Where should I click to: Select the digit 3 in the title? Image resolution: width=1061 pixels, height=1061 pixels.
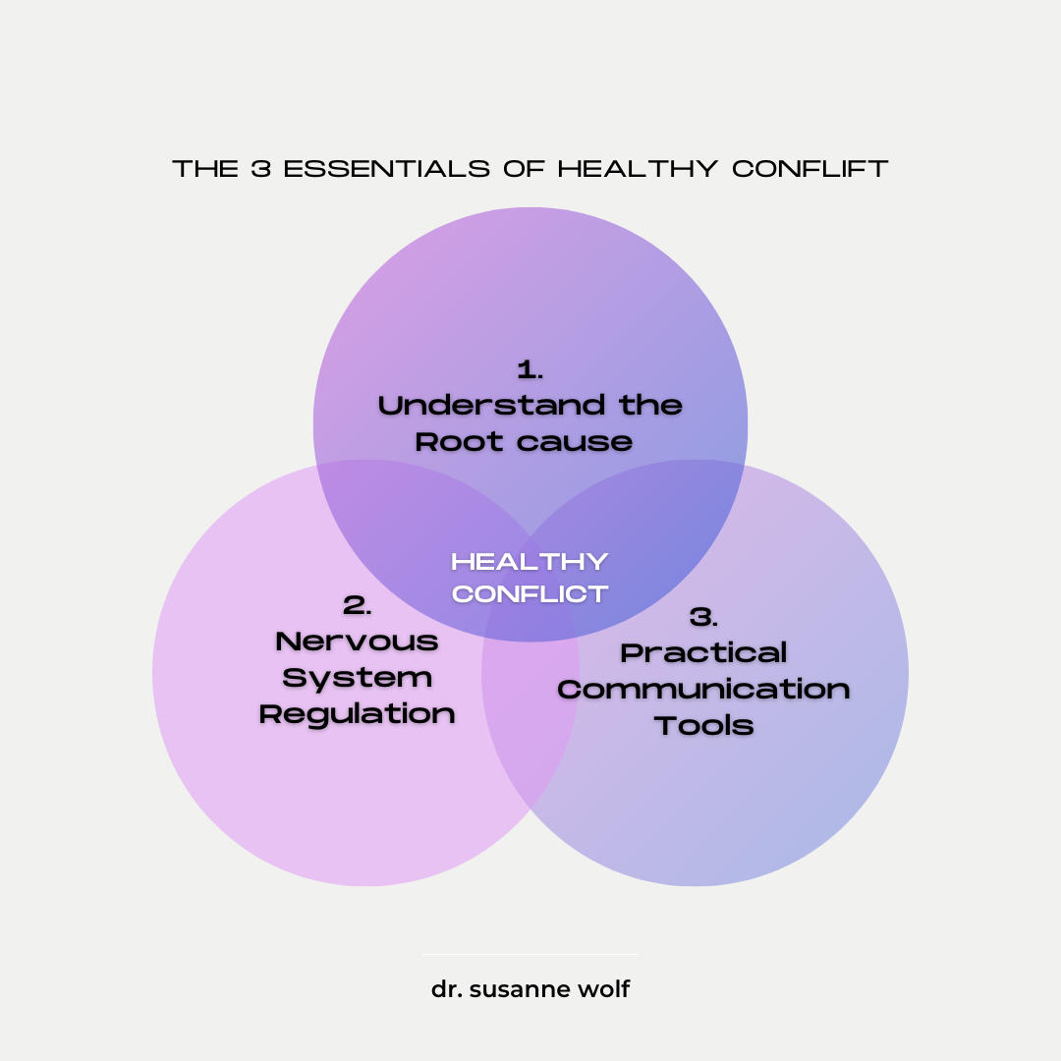260,169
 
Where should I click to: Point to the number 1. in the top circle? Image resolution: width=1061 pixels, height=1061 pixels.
530,370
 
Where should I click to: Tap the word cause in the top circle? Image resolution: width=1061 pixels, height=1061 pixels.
575,442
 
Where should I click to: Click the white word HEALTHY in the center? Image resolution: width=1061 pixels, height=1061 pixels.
530,562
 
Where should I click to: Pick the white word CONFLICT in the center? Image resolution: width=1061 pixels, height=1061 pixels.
530,594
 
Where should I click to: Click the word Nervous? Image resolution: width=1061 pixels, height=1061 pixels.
358,642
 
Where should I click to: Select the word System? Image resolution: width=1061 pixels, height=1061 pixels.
358,678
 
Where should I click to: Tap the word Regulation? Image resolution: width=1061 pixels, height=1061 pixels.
358,714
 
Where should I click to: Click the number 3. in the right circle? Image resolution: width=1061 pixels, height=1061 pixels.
704,617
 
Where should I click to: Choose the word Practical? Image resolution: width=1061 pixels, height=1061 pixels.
704,652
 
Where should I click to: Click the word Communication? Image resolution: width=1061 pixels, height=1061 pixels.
704,689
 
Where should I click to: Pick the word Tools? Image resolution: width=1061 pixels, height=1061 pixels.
704,726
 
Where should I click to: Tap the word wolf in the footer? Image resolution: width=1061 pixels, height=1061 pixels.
603,989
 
